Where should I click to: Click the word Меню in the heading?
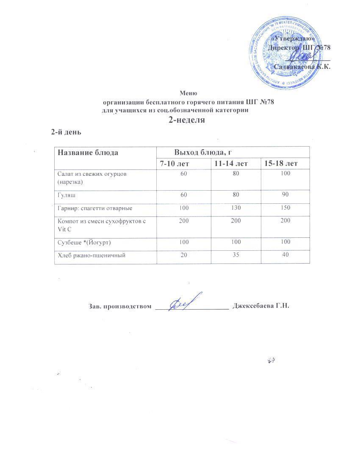188,93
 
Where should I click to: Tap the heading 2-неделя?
187,120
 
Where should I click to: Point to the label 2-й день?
66,132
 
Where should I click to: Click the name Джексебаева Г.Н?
261,306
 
